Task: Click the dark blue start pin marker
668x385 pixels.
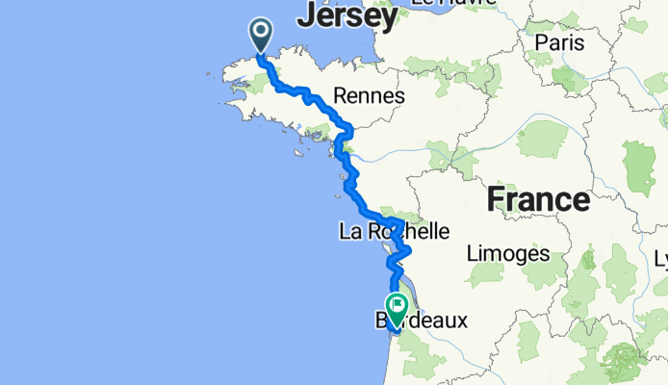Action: click(262, 36)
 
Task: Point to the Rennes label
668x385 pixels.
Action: click(369, 95)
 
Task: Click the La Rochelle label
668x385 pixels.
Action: click(394, 231)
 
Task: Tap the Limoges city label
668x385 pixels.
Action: click(507, 254)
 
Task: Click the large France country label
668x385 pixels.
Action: click(538, 199)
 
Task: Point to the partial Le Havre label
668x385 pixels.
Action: click(447, 4)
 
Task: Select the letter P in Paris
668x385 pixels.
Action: click(540, 42)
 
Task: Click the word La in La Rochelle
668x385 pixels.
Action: click(349, 231)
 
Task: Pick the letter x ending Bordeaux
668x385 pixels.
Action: click(460, 319)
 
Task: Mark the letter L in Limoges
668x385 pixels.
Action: click(471, 254)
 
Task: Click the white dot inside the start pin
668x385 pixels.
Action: click(262, 31)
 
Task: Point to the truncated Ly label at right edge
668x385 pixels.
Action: click(660, 259)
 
